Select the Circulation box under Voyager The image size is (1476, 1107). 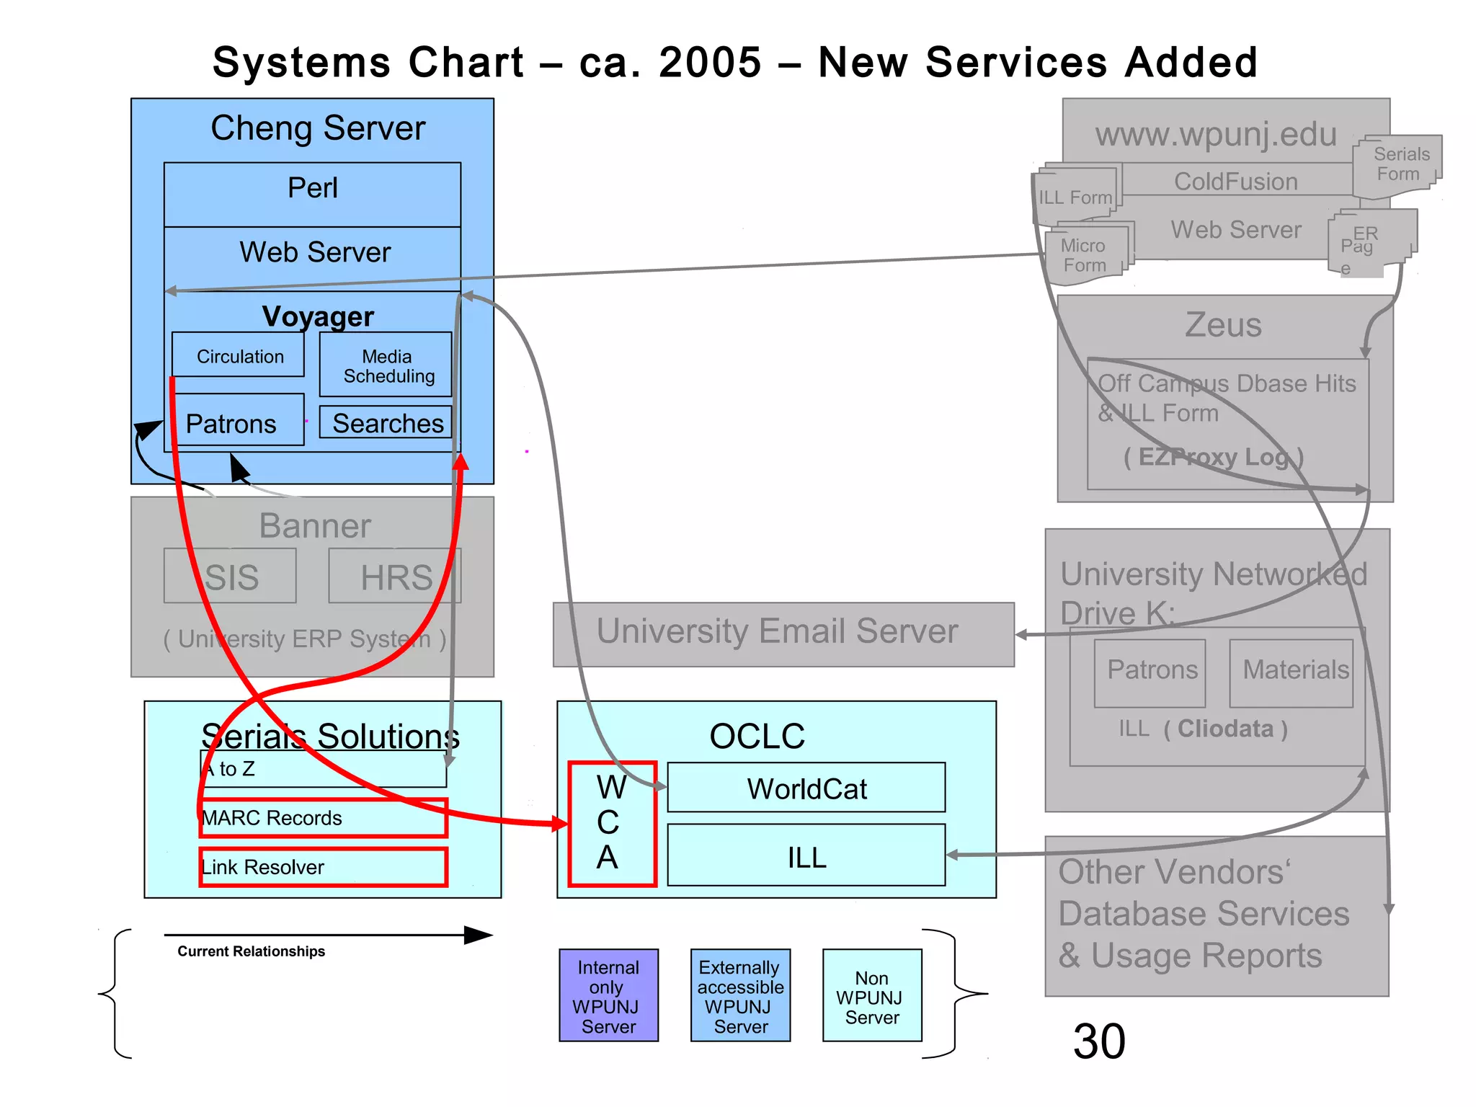pyautogui.click(x=239, y=355)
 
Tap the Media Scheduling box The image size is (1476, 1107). pyautogui.click(x=386, y=365)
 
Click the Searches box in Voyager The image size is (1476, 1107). pyautogui.click(x=386, y=423)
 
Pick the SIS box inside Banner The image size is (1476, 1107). pyautogui.click(x=230, y=576)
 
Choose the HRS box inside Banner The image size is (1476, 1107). pyautogui.click(x=395, y=576)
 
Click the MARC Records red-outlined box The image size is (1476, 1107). pyautogui.click(x=324, y=818)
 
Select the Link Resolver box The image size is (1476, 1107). pyautogui.click(x=324, y=867)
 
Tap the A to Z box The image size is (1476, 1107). pyautogui.click(x=324, y=769)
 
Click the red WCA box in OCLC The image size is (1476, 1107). pyautogui.click(x=612, y=823)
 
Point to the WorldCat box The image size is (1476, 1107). pyautogui.click(x=806, y=788)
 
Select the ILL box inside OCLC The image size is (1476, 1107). pyautogui.click(x=806, y=855)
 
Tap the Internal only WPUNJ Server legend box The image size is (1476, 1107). pyautogui.click(x=608, y=995)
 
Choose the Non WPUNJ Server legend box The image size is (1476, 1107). pyautogui.click(x=872, y=995)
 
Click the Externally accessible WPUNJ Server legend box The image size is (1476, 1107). pyautogui.click(x=740, y=995)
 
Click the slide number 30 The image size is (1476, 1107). pyautogui.click(x=1099, y=1041)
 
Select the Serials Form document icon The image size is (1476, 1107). pyautogui.click(x=1397, y=166)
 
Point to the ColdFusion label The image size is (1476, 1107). pyautogui.click(x=1235, y=181)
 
